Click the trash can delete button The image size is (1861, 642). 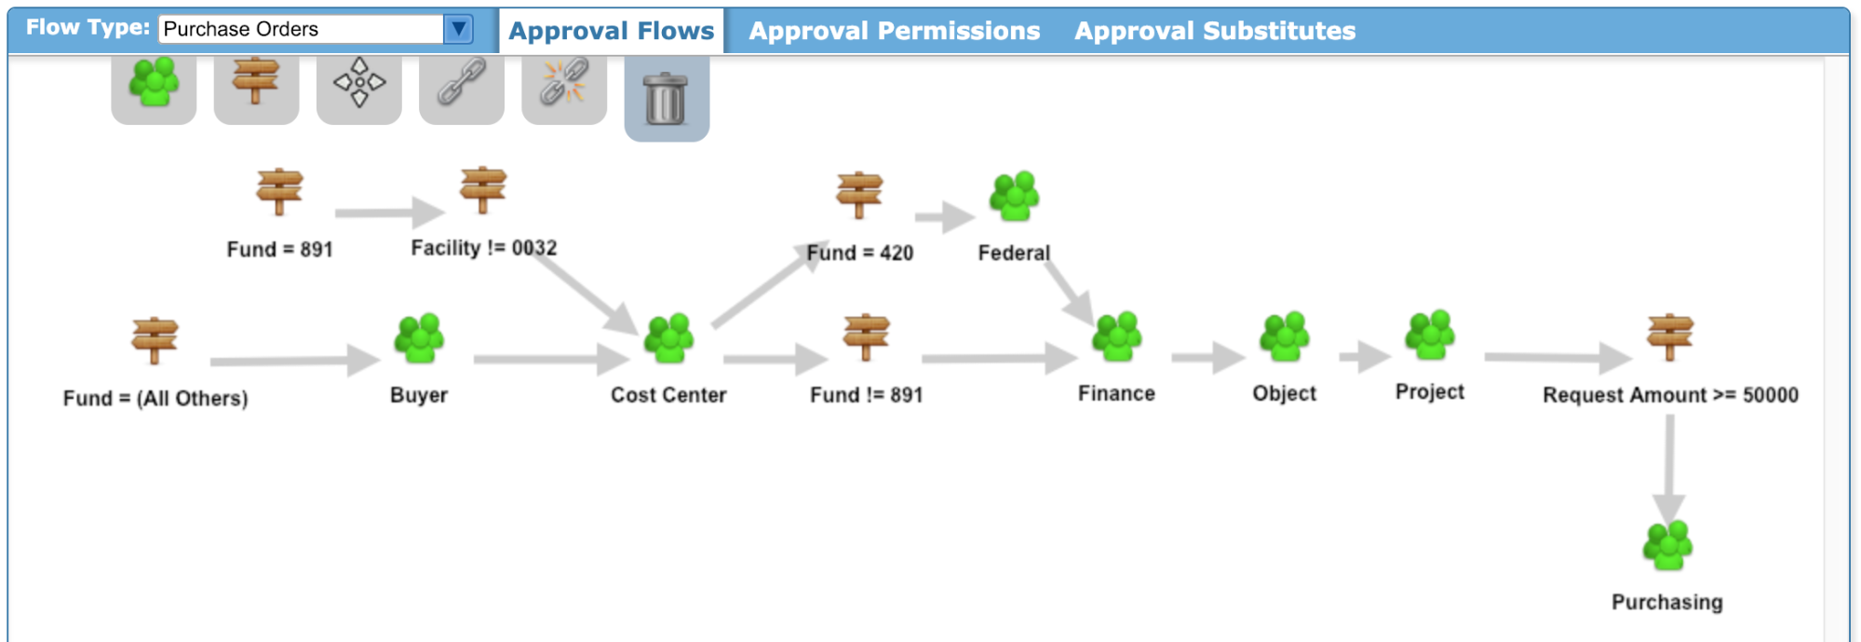point(667,98)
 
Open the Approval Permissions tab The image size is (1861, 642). point(895,31)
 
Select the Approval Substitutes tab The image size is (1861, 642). point(1215,31)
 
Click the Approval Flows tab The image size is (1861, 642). point(612,31)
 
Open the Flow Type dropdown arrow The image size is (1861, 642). point(458,29)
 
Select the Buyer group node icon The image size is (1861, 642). point(419,338)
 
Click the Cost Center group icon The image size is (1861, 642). point(669,338)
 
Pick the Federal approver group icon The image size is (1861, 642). point(1014,196)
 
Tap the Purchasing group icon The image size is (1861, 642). point(1667,545)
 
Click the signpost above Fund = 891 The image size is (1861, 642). point(279,192)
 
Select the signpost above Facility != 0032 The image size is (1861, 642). point(483,190)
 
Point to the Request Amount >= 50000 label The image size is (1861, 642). point(1670,395)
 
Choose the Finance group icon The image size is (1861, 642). point(1117,336)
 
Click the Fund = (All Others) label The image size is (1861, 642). point(155,399)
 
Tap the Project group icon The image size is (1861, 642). point(1430,335)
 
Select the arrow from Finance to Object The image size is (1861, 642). point(1208,357)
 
